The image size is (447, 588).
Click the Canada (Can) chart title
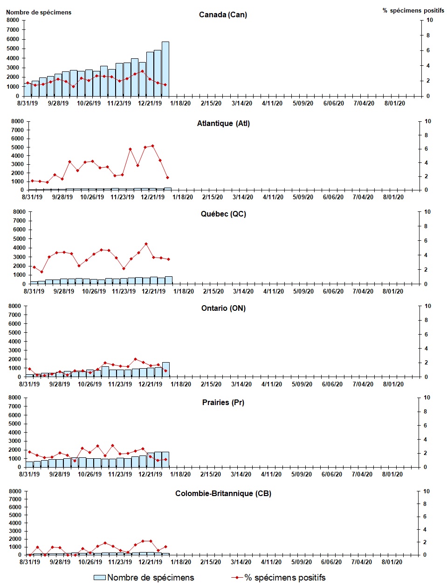tap(223, 14)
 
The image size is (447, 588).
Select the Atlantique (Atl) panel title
tap(223, 124)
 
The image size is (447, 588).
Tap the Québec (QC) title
tap(223, 214)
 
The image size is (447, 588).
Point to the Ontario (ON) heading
tap(223, 308)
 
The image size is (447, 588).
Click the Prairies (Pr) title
tap(223, 402)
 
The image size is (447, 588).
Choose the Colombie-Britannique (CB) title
tap(223, 493)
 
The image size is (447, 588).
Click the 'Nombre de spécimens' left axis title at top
tap(39, 12)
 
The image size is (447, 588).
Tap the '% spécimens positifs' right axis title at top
tap(413, 10)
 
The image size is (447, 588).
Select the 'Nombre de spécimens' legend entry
tap(144, 578)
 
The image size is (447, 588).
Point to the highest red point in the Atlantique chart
tap(152, 146)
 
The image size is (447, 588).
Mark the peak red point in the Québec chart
tap(146, 244)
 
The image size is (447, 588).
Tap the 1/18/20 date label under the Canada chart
tap(180, 104)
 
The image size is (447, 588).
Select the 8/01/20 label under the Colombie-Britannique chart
tap(392, 562)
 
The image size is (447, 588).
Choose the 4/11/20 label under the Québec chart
tap(273, 291)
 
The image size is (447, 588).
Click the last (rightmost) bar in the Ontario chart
tap(165, 369)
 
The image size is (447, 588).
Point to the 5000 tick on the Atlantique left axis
tap(17, 147)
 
